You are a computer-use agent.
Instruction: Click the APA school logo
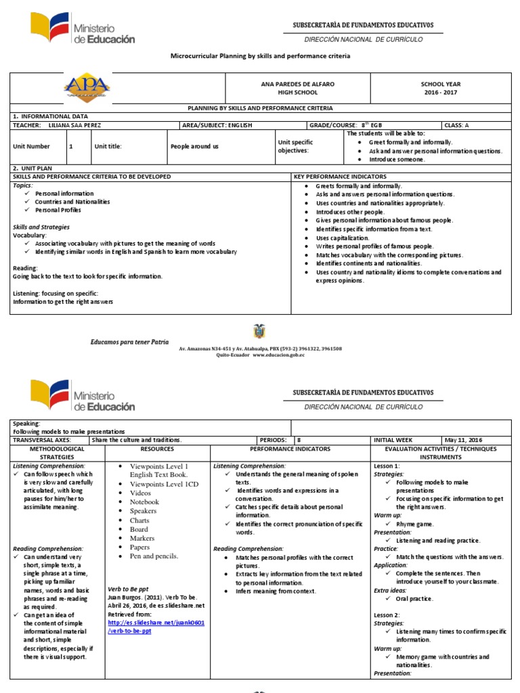coord(87,88)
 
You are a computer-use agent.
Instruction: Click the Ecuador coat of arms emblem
coord(259,332)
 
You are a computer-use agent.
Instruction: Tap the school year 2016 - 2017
coord(441,92)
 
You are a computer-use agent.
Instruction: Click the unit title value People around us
coord(194,146)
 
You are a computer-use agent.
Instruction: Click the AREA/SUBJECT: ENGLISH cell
coord(215,125)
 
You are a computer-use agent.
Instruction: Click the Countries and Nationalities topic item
coord(72,202)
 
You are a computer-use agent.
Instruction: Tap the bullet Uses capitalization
coord(343,238)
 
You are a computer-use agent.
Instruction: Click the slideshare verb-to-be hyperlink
coord(156,626)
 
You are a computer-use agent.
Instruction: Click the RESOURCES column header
coord(157,449)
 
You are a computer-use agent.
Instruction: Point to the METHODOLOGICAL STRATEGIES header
coord(57,453)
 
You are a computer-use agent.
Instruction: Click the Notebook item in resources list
coord(144,502)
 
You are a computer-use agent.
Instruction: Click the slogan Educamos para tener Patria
coord(130,342)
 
